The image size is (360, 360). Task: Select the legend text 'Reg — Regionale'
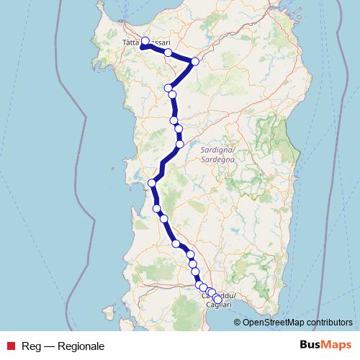(x=63, y=346)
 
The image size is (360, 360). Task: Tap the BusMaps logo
(x=326, y=345)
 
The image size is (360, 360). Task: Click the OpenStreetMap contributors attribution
(x=297, y=322)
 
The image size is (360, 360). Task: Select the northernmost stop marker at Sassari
(x=145, y=41)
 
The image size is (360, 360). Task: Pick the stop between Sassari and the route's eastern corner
(x=168, y=53)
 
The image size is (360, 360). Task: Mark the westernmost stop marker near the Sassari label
(x=143, y=47)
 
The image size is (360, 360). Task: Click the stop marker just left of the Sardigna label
(x=180, y=144)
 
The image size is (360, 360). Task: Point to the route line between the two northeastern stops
(x=181, y=57)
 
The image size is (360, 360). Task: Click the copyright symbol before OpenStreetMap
(x=238, y=322)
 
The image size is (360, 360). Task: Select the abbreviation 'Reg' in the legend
(x=31, y=346)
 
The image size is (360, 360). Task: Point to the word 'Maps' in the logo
(x=337, y=345)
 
